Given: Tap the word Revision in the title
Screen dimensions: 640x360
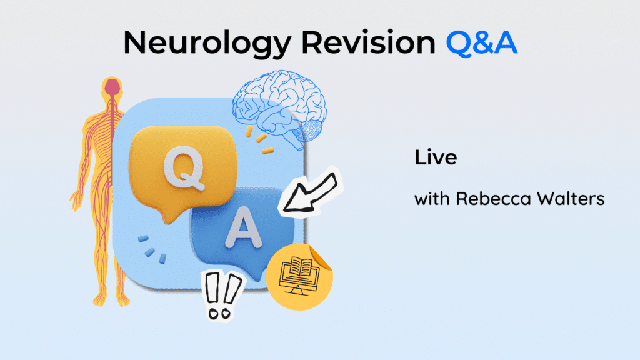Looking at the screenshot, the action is pyautogui.click(x=368, y=42).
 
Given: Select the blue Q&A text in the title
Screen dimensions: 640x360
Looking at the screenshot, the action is pyautogui.click(x=482, y=42).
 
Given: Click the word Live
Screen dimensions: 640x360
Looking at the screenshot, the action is pyautogui.click(x=436, y=157).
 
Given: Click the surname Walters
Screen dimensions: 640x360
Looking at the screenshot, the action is pyautogui.click(x=571, y=199).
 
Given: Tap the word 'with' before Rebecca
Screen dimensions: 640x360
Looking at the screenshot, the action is pyautogui.click(x=432, y=199).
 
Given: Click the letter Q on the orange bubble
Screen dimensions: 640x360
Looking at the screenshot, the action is pyautogui.click(x=184, y=168).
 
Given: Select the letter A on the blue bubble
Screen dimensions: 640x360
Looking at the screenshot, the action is pyautogui.click(x=244, y=227).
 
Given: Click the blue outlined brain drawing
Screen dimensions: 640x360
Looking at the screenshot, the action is pyautogui.click(x=279, y=108).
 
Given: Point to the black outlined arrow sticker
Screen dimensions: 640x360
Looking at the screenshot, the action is pyautogui.click(x=311, y=192).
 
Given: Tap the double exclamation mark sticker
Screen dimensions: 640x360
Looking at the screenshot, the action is pyautogui.click(x=222, y=296).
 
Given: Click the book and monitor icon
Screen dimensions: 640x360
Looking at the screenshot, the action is pyautogui.click(x=299, y=275).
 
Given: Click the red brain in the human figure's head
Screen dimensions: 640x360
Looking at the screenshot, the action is pyautogui.click(x=112, y=87).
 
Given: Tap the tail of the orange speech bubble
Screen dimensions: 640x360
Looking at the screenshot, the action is pyautogui.click(x=169, y=216).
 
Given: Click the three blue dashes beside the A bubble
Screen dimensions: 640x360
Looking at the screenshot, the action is pyautogui.click(x=152, y=249).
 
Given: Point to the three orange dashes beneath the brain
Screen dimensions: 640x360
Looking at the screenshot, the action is pyautogui.click(x=259, y=140).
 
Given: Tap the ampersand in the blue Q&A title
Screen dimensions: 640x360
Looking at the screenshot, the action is pyautogui.click(x=482, y=43).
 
